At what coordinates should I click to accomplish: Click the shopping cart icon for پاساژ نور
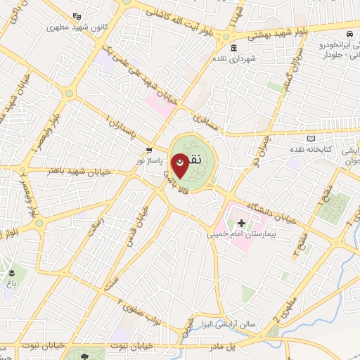(x=149, y=150)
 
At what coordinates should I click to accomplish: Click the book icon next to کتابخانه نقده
(x=311, y=140)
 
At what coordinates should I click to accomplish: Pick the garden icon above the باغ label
(x=12, y=273)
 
